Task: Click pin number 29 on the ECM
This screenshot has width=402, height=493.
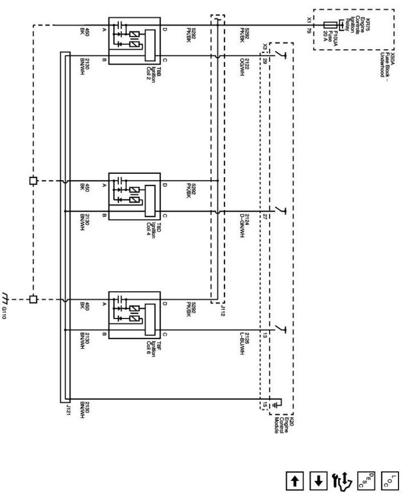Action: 265,61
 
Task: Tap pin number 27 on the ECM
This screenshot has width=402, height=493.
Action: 265,216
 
